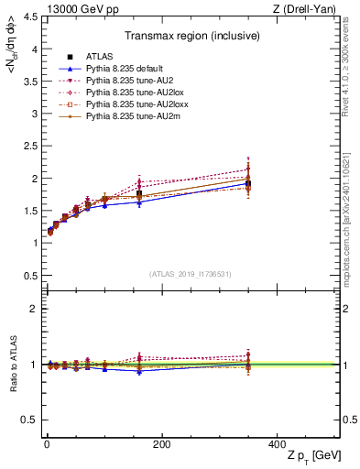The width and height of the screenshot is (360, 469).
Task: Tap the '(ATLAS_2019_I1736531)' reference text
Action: [x=190, y=274]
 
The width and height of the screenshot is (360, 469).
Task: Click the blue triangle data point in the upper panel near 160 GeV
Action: [x=139, y=202]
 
